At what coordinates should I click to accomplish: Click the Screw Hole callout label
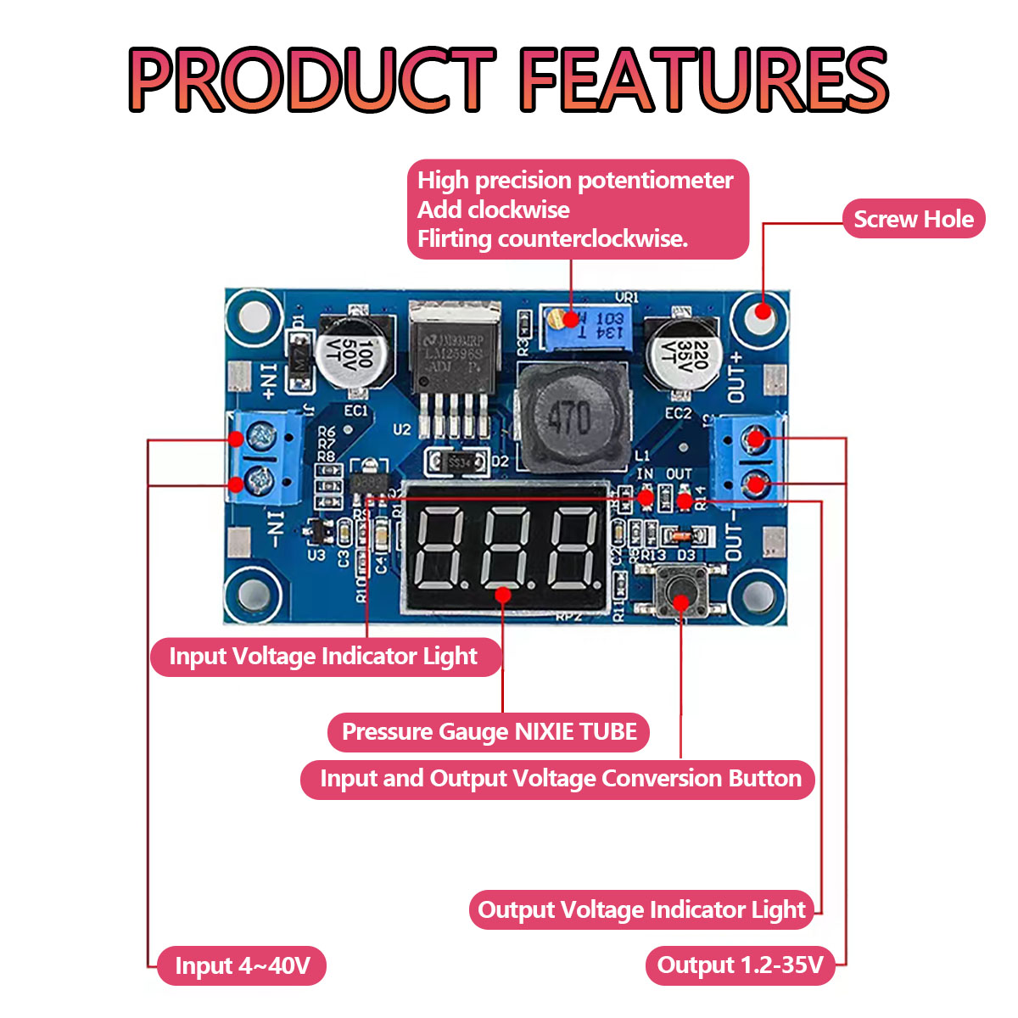click(x=913, y=219)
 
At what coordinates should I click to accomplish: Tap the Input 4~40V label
click(x=242, y=965)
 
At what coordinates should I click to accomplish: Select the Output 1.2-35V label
click(x=740, y=965)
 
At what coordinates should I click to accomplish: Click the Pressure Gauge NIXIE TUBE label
click(x=489, y=732)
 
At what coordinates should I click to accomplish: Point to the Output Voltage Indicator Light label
click(x=641, y=910)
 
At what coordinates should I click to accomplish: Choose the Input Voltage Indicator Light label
click(x=323, y=657)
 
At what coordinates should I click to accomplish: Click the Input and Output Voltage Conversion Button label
click(x=560, y=779)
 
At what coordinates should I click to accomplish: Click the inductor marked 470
click(x=569, y=418)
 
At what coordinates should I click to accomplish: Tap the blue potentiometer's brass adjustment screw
click(x=556, y=320)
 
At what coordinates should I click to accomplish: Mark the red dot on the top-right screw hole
click(x=763, y=311)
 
